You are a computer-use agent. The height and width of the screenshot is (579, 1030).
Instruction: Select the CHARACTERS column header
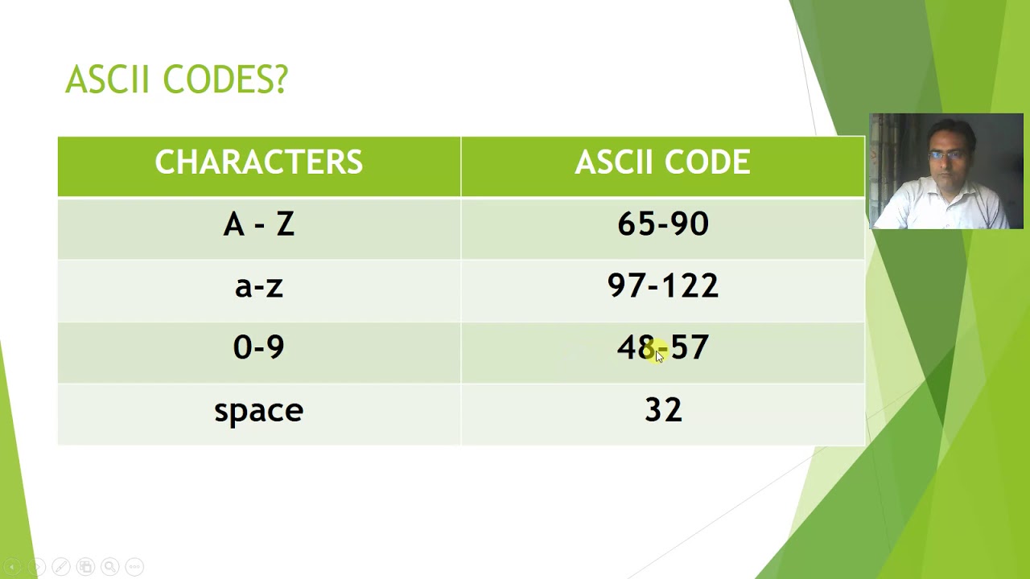click(x=258, y=162)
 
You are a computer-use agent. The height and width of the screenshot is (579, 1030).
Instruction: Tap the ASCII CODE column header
click(x=662, y=162)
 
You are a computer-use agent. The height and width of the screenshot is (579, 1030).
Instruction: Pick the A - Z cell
click(x=258, y=224)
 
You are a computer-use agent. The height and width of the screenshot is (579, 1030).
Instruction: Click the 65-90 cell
click(x=662, y=224)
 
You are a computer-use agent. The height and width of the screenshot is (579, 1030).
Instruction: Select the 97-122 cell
click(x=662, y=286)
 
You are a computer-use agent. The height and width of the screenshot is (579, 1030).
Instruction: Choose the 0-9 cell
click(x=258, y=347)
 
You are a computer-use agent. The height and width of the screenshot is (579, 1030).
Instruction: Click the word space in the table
click(x=258, y=411)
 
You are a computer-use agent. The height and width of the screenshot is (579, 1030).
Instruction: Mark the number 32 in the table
click(x=663, y=410)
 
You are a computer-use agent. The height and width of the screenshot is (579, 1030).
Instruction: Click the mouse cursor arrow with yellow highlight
click(x=659, y=355)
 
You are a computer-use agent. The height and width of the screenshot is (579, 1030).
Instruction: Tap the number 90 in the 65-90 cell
click(x=690, y=224)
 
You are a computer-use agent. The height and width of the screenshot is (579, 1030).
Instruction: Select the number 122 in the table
click(x=693, y=286)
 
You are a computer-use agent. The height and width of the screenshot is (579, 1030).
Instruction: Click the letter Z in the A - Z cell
click(x=285, y=224)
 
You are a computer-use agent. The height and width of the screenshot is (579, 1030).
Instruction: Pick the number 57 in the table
click(x=690, y=347)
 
